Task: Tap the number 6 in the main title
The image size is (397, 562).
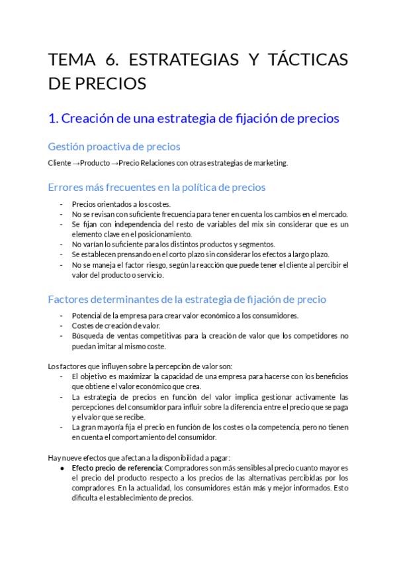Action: (111, 60)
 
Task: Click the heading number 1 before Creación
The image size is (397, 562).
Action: (53, 119)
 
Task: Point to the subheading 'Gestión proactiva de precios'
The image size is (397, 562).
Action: (114, 146)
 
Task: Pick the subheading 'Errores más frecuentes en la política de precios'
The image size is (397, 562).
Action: (157, 187)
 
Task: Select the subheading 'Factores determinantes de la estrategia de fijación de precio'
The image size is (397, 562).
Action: (187, 299)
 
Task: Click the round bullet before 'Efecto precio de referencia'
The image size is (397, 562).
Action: (62, 468)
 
